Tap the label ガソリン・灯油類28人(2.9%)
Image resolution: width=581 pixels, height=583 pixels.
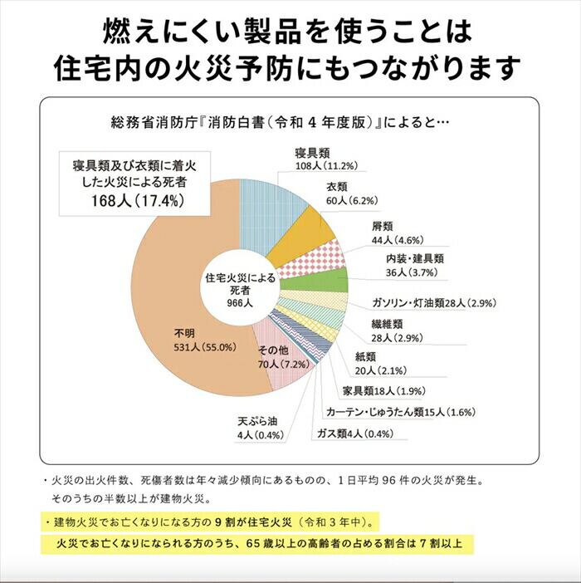pyautogui.click(x=428, y=303)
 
